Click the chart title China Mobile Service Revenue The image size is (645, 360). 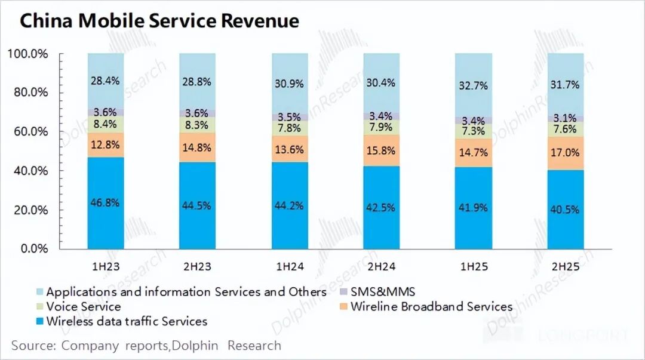click(x=159, y=21)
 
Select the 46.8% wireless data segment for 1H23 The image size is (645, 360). click(x=106, y=203)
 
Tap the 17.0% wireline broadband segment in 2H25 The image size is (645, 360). click(x=566, y=153)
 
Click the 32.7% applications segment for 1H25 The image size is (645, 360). click(x=474, y=85)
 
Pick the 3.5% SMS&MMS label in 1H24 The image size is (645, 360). click(x=290, y=117)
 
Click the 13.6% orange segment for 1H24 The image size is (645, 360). click(x=290, y=149)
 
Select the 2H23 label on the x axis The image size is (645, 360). click(x=198, y=267)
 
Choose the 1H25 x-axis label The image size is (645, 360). click(x=474, y=267)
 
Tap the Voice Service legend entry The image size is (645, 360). click(x=83, y=307)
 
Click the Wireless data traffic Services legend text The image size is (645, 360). click(x=127, y=321)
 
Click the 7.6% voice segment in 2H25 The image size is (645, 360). click(x=566, y=130)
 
